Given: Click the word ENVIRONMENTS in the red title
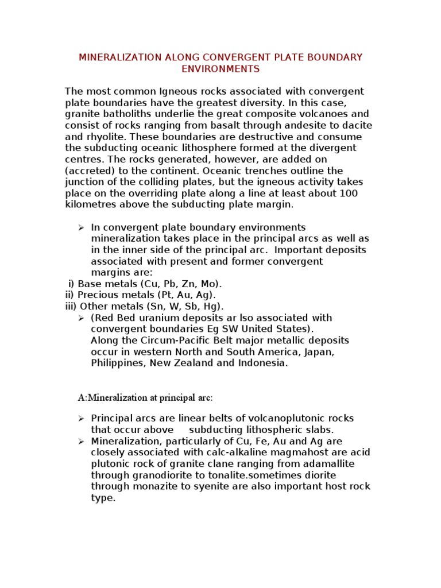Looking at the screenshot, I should [x=220, y=69].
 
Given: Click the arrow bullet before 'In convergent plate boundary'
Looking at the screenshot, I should [x=81, y=228].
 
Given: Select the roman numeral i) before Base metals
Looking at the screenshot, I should [x=72, y=284].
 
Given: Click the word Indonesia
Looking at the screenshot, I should [x=261, y=363].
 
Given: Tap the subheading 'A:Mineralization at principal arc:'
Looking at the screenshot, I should [x=145, y=397].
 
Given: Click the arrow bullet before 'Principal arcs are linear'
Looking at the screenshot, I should [x=81, y=419].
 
